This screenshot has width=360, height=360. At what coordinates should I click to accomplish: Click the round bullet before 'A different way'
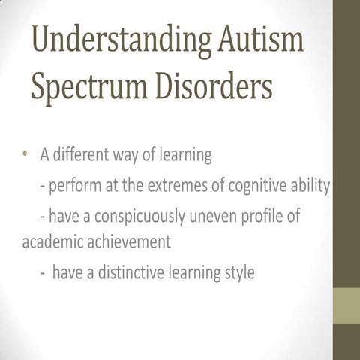pos(25,155)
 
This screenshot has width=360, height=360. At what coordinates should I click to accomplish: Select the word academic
pos(49,242)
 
